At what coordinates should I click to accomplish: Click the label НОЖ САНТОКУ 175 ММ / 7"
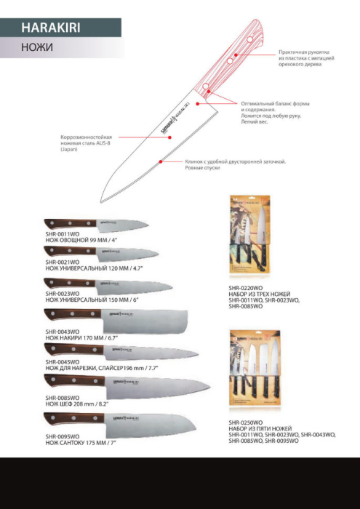81,441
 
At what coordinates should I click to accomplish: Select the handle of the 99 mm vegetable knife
59,223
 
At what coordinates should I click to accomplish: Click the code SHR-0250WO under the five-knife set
246,422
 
